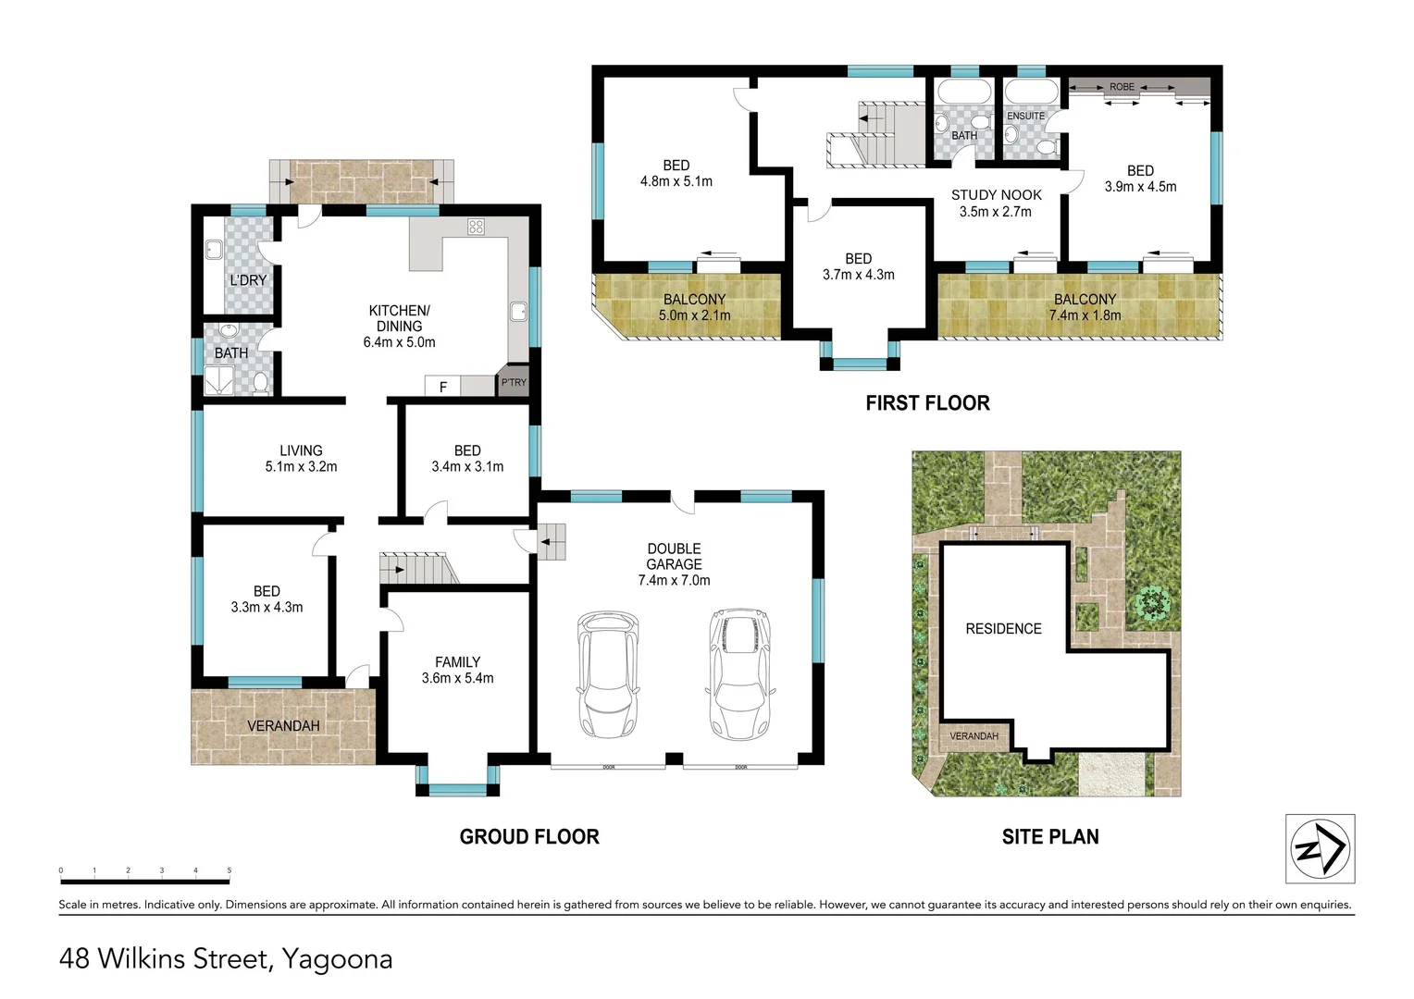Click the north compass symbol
pos(1320,848)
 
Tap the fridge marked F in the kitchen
pos(442,386)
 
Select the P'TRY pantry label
pos(514,382)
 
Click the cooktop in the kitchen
pos(476,227)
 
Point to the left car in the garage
pos(608,674)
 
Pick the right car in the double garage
pos(739,674)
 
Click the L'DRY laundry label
pos(248,280)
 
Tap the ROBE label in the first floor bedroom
pos(1122,86)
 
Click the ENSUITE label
pos(1025,117)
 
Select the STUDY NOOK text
pos(996,195)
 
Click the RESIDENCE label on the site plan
pos(1004,629)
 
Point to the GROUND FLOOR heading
pos(529,836)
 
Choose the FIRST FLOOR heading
pos(927,402)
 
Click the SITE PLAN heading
pos(1050,836)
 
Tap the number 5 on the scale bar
pos(229,870)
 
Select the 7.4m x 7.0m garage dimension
pos(675,580)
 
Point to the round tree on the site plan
pos(1153,601)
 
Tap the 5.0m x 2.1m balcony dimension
pos(694,314)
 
